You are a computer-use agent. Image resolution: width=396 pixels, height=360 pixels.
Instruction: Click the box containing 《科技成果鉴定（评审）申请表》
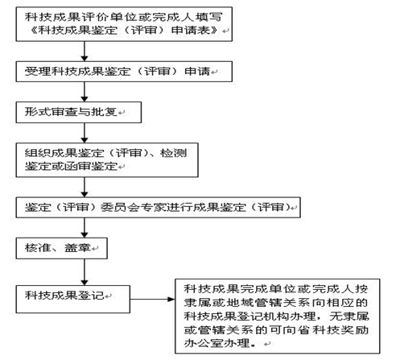tap(124, 24)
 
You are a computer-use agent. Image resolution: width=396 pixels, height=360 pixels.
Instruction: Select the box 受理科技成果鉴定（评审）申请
tap(124, 72)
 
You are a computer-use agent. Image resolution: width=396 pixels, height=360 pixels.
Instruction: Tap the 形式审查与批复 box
tap(79, 112)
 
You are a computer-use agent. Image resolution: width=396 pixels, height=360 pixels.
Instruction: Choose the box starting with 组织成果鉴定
tap(107, 160)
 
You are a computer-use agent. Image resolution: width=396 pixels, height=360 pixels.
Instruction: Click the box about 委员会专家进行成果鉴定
tap(158, 207)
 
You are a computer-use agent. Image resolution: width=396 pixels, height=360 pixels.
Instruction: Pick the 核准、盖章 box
tap(62, 248)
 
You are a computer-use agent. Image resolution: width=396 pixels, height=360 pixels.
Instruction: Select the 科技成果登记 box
tap(73, 299)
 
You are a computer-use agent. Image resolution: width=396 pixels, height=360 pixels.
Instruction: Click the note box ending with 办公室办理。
tap(278, 317)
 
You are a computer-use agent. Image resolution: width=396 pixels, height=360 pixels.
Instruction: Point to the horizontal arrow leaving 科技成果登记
tap(152, 299)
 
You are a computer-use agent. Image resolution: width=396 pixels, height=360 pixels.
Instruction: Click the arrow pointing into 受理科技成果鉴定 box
tap(85, 52)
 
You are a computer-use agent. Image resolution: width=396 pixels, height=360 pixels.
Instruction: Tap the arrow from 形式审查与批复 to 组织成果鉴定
tap(85, 133)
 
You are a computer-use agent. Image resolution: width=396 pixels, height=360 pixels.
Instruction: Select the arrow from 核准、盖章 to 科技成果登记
tap(85, 272)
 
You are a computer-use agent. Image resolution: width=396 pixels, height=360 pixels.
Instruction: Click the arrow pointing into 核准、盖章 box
tap(85, 227)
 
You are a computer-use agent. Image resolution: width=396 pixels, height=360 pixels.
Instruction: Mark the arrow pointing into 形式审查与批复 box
tap(85, 92)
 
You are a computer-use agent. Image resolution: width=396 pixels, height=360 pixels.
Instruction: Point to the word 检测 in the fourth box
tap(173, 153)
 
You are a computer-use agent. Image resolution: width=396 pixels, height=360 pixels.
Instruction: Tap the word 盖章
tap(77, 248)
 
